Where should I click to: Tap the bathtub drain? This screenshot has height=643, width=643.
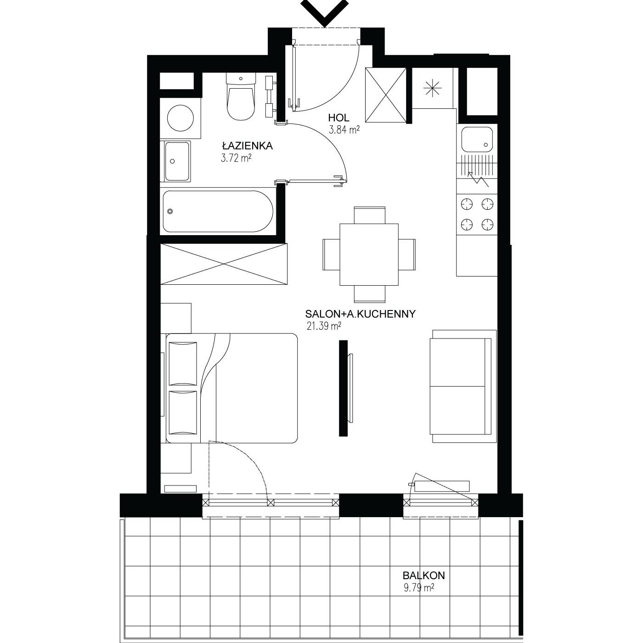[x=170, y=211]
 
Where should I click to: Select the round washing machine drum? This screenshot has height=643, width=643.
[x=180, y=118]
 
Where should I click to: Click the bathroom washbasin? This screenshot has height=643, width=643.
[x=175, y=161]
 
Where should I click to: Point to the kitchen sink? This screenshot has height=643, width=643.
[x=477, y=140]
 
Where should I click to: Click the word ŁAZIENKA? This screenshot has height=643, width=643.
[x=248, y=146]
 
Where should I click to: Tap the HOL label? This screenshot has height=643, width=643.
[x=338, y=118]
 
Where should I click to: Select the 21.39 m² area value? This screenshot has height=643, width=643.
[x=324, y=326]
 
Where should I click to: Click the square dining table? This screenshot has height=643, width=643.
[x=369, y=254]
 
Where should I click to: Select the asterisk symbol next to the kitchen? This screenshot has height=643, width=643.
[x=432, y=89]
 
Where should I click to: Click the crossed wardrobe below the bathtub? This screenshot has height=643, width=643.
[x=224, y=264]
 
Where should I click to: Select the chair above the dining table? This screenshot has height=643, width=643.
[x=369, y=215]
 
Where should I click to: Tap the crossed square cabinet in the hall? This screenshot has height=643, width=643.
[x=386, y=95]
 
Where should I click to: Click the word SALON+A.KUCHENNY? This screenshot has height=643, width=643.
[x=360, y=314]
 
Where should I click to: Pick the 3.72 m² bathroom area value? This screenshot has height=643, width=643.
[x=236, y=158]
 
